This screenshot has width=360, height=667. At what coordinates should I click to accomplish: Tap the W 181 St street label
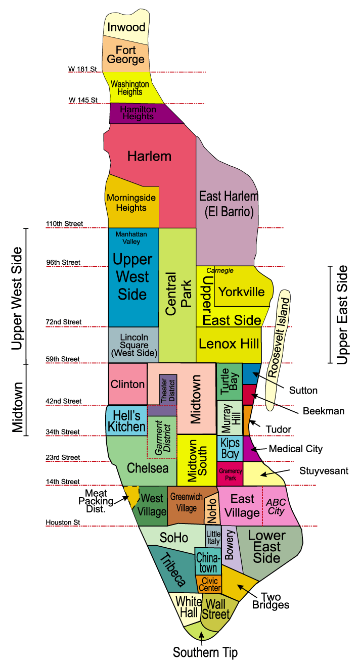[82, 69]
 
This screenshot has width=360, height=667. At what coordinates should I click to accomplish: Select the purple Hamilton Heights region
[138, 113]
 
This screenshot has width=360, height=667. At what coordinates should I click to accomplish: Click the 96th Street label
[63, 263]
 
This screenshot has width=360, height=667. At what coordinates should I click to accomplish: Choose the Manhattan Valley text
[131, 238]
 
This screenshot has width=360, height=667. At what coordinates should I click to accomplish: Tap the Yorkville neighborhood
[241, 292]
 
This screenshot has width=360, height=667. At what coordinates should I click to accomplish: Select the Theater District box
[167, 389]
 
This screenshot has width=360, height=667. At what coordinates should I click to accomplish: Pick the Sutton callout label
[303, 390]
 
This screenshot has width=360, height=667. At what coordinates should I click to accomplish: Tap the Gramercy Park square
[230, 474]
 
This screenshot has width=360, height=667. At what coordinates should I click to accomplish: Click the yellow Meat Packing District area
[132, 496]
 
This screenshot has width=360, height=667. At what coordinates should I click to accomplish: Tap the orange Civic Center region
[209, 585]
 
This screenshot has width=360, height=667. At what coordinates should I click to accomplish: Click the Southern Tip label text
[205, 652]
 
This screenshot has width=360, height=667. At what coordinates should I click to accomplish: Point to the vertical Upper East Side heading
[342, 314]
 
